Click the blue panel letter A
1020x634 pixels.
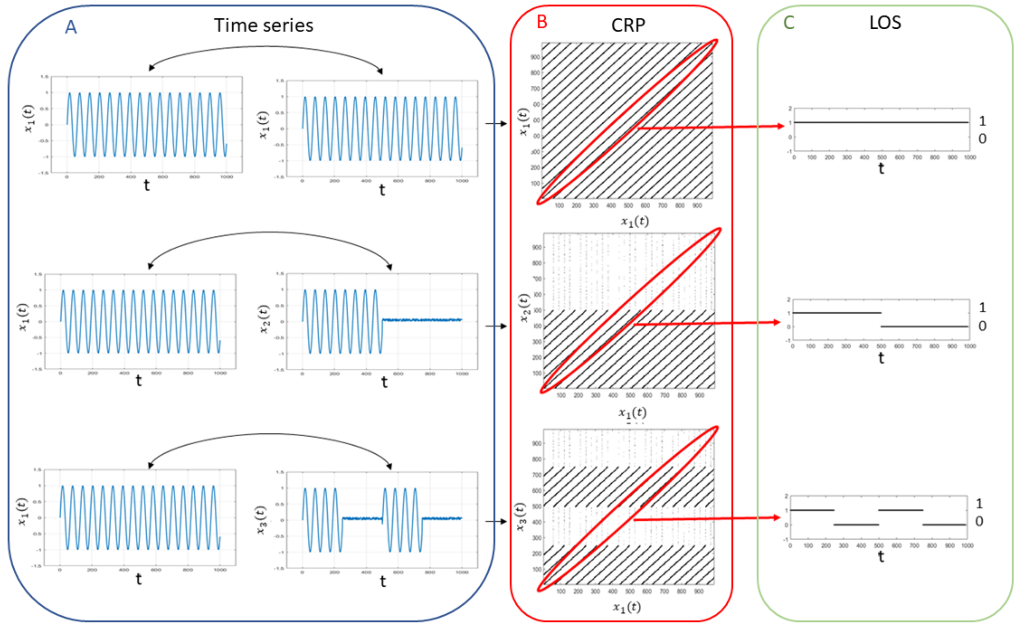pos(71,27)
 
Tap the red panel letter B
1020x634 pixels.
pos(542,22)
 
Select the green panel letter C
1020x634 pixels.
pos(789,23)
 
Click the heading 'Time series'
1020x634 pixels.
pos(263,26)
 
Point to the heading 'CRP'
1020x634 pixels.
pos(628,26)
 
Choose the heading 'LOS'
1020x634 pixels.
pos(885,23)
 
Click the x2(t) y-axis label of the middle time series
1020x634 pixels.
pos(264,319)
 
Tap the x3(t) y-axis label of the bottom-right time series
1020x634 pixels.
pos(261,520)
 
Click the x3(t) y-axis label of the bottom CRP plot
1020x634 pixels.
pos(520,517)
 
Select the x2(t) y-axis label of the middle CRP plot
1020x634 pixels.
pos(524,308)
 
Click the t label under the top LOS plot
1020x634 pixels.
pos(881,169)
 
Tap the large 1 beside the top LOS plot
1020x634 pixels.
pos(982,121)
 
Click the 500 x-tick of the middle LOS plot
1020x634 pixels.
pos(881,346)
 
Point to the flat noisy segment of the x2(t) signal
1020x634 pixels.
pos(421,320)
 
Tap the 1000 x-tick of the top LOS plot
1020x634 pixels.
pos(970,157)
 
